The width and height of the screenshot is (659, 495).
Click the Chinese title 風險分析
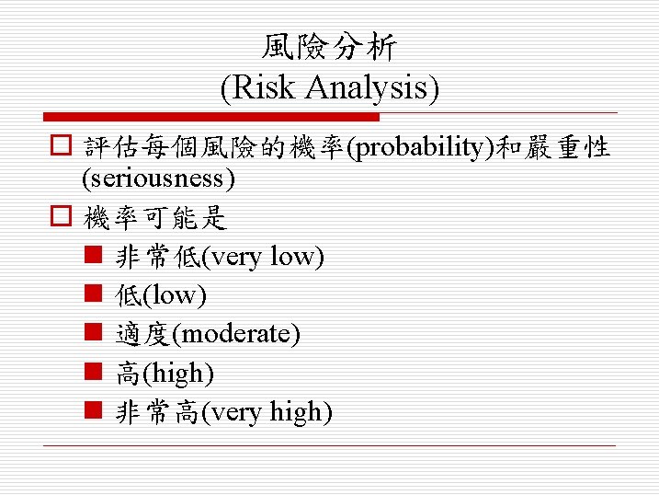tap(329, 47)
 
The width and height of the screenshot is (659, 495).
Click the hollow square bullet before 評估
tap(61, 148)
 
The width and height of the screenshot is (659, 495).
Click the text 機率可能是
tap(155, 219)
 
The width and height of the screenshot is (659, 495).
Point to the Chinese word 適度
tap(142, 335)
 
